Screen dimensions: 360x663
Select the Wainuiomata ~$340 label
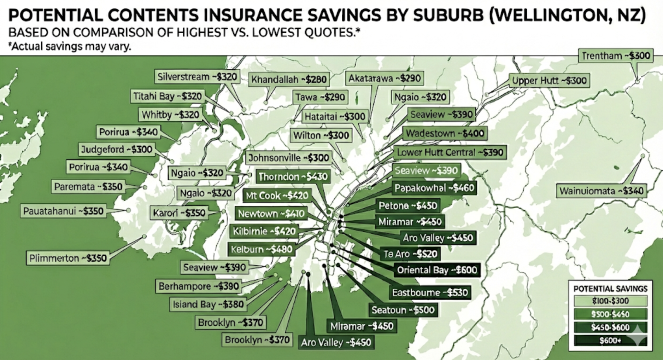point(601,191)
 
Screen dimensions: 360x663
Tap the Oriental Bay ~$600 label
point(437,270)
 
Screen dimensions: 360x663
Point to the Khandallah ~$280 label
point(289,80)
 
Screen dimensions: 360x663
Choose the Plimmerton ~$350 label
point(68,258)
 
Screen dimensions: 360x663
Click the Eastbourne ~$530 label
point(430,292)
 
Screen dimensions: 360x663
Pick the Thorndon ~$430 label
point(293,176)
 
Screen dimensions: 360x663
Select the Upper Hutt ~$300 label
point(549,81)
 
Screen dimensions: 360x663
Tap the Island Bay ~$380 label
point(208,304)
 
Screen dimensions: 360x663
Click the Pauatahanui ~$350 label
point(63,211)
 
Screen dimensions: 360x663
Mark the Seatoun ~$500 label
point(403,310)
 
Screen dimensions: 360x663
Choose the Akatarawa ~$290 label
point(385,78)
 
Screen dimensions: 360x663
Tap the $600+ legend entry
point(610,341)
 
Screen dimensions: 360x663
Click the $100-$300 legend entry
point(610,301)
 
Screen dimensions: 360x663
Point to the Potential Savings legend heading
point(610,289)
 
